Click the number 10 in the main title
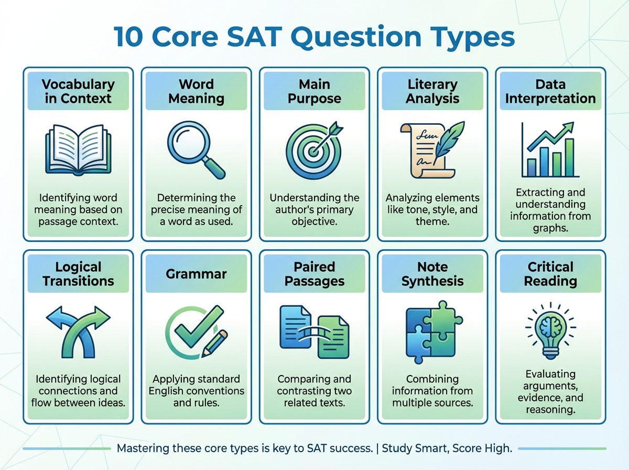click(x=128, y=36)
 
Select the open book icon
click(x=78, y=149)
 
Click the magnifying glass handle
click(x=214, y=168)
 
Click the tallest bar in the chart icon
click(x=569, y=157)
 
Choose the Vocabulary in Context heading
click(x=78, y=91)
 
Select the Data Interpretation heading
click(x=550, y=91)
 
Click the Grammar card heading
click(x=196, y=274)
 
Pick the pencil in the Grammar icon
click(x=214, y=344)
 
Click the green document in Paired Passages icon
click(x=333, y=337)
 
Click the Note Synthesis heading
click(x=432, y=274)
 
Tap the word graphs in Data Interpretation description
click(x=550, y=228)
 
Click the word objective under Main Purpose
click(x=314, y=221)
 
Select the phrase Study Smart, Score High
click(x=447, y=448)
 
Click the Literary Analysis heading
click(x=432, y=91)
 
